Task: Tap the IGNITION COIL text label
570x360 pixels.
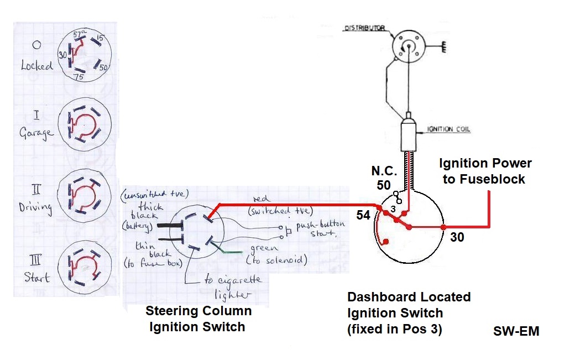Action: coord(449,130)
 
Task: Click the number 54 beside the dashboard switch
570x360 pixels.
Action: coord(363,215)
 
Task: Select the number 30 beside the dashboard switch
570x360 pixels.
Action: coord(457,237)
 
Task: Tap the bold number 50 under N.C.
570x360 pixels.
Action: coord(384,185)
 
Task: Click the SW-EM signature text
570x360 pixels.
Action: coord(516,331)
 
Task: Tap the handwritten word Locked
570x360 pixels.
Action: coord(36,65)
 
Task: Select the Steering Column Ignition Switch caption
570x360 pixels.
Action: coord(198,319)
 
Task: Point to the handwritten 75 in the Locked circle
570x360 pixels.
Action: coord(78,77)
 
